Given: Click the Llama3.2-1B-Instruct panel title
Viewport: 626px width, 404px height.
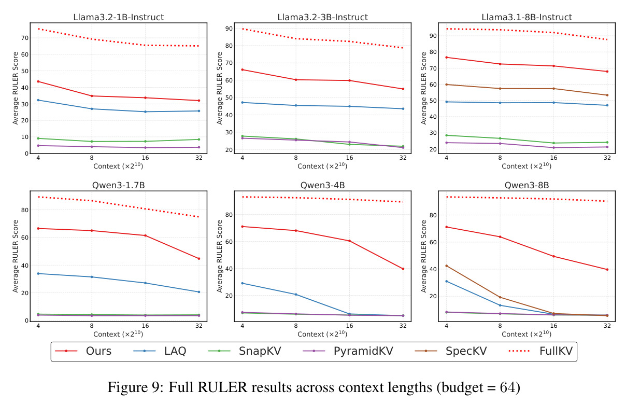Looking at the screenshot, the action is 119,17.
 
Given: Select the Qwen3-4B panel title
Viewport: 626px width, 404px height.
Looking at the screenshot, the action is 322,185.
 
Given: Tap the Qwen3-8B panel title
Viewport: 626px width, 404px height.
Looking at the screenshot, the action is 527,185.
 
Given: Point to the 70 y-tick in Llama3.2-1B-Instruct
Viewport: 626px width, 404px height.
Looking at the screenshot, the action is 25,38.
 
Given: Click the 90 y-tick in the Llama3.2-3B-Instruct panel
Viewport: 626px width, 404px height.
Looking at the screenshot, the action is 229,29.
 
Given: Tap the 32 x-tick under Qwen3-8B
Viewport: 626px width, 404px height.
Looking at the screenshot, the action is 607,326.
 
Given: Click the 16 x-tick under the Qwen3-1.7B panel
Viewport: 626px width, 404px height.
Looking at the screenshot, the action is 145,326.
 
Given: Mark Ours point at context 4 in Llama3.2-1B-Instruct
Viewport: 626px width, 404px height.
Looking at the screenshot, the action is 38,81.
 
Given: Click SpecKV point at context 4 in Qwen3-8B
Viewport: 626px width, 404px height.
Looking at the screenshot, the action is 447,266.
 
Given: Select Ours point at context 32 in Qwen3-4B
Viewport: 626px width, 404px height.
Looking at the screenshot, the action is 403,269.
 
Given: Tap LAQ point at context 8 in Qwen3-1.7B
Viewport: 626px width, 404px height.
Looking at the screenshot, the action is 92,277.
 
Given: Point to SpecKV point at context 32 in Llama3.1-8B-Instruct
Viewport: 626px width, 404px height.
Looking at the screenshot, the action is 607,95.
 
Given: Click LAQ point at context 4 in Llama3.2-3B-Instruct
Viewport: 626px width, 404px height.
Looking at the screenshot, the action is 243,103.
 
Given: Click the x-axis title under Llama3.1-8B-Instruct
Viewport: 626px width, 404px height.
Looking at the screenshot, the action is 527,166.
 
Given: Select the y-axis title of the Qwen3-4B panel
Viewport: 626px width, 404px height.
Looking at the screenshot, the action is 220,256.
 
